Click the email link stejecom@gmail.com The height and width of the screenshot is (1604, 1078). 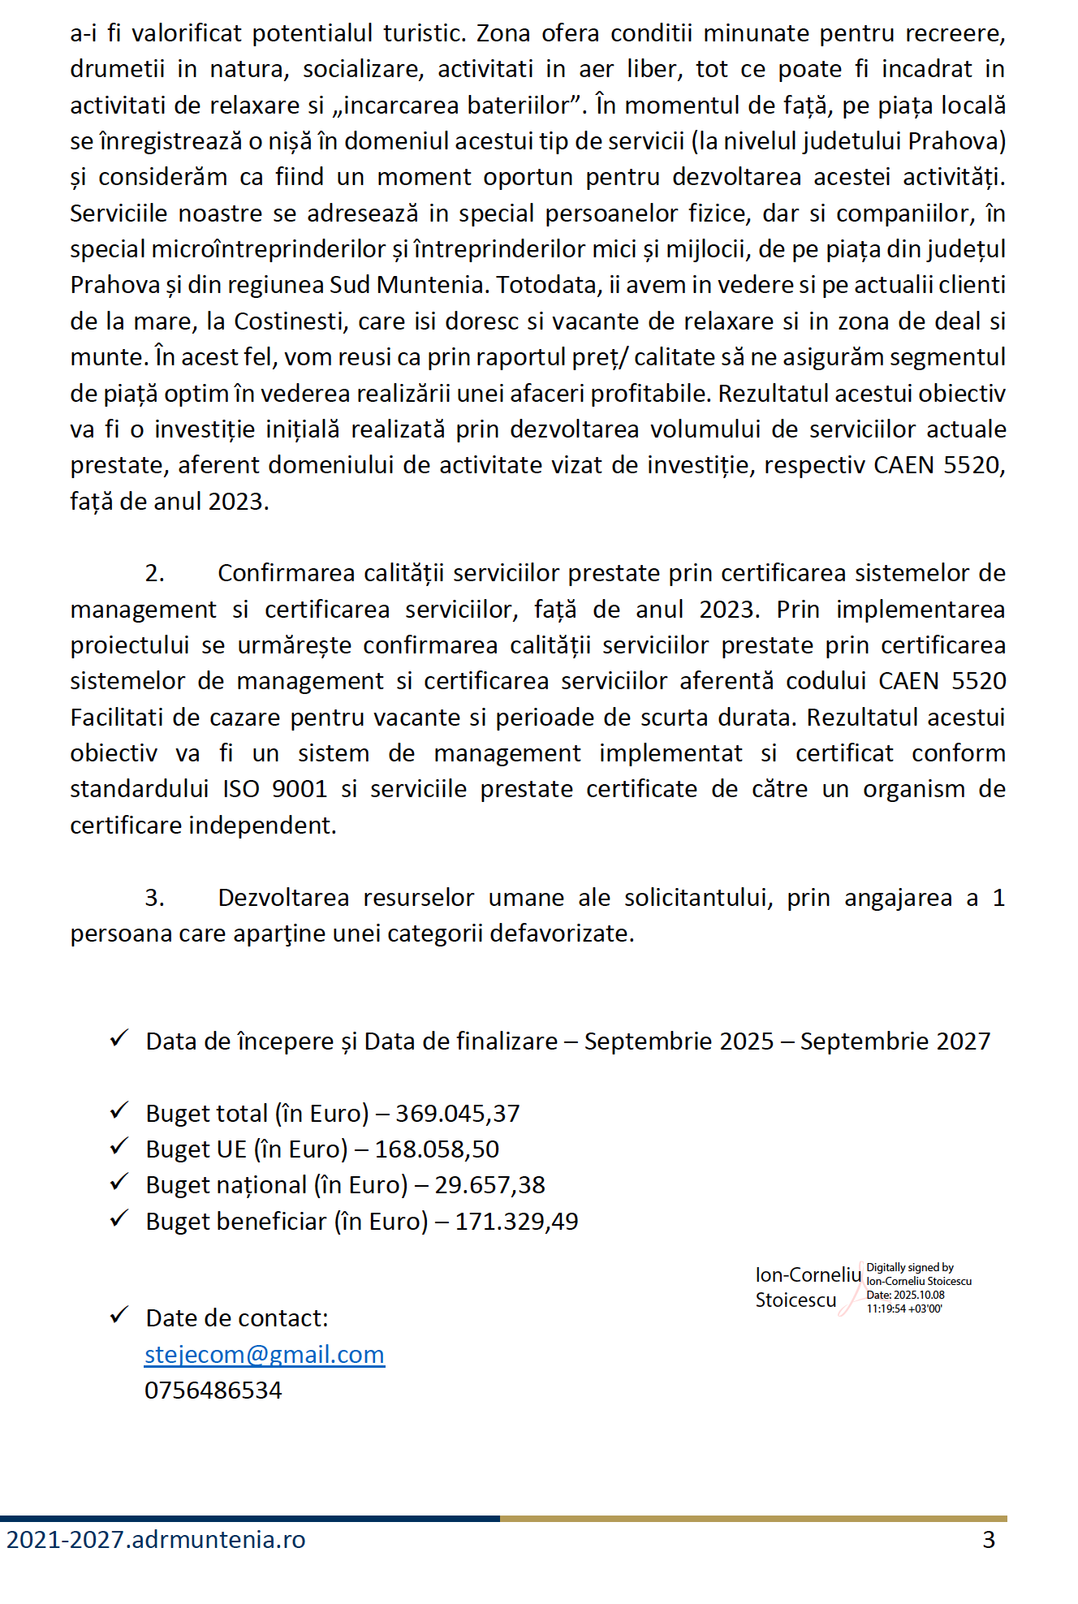(264, 1355)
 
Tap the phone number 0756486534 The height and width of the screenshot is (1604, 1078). (213, 1391)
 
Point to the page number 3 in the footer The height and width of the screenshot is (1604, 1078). (988, 1540)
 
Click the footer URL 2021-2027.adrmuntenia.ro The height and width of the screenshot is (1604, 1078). (156, 1540)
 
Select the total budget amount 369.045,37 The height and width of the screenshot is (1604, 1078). (457, 1114)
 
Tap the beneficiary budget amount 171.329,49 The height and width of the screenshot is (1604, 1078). (516, 1222)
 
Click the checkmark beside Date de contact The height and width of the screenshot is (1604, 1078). (119, 1315)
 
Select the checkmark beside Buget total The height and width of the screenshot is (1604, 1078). (119, 1110)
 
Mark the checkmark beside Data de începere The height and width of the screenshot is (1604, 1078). (119, 1038)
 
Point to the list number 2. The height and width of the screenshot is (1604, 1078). (154, 574)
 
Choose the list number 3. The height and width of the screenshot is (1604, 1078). (154, 898)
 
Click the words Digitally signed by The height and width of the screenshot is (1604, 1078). (910, 1267)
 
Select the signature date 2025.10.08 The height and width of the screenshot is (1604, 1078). (919, 1295)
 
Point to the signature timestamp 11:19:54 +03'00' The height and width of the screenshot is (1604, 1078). (904, 1309)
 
